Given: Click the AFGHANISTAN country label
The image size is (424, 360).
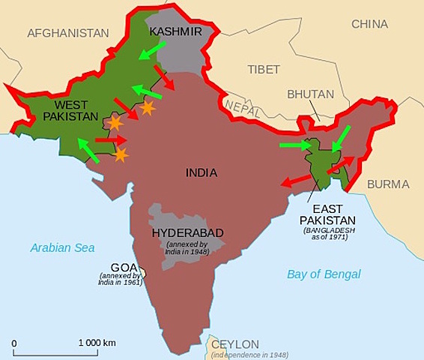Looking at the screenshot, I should point(68,33).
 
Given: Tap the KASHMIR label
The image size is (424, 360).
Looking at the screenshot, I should point(175,31).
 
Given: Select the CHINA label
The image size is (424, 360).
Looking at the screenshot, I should point(370,24).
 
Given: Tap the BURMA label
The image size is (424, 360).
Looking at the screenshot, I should point(389,184).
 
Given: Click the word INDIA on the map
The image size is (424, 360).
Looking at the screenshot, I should point(202,172).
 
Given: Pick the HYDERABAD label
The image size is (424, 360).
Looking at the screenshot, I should point(187,232).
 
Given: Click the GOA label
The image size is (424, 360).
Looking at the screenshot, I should point(124,266).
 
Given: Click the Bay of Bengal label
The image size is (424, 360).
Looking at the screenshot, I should point(324,274).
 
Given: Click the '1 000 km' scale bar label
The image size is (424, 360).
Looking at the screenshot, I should point(98,342).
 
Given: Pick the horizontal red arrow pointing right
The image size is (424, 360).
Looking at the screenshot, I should point(111,139).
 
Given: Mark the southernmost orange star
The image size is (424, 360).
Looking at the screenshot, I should point(121,155).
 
